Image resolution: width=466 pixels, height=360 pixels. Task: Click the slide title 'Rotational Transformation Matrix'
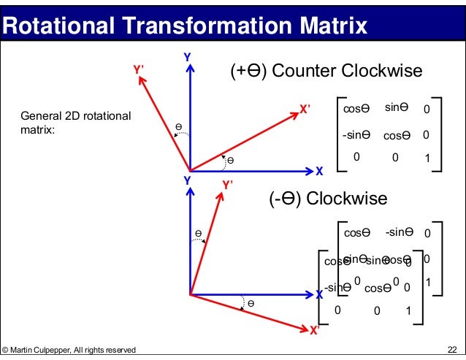point(184,27)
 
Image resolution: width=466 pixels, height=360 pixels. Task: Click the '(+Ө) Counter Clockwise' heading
point(326,71)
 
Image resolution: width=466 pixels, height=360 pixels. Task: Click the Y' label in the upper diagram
point(138,69)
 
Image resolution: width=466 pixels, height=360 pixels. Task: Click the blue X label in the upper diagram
point(318,171)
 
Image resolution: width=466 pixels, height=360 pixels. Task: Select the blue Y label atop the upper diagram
point(187,57)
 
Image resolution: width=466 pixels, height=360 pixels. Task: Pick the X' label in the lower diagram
point(315,330)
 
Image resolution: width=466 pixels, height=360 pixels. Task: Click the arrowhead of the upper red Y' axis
point(141,80)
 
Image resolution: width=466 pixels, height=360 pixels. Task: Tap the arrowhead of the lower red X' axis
point(303,326)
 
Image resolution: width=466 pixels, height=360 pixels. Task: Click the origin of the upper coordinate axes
point(190,170)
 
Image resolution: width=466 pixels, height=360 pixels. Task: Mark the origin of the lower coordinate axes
point(190,294)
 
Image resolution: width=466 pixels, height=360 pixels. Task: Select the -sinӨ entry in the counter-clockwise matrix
point(356,134)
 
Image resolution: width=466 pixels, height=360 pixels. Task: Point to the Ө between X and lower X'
point(251,302)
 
